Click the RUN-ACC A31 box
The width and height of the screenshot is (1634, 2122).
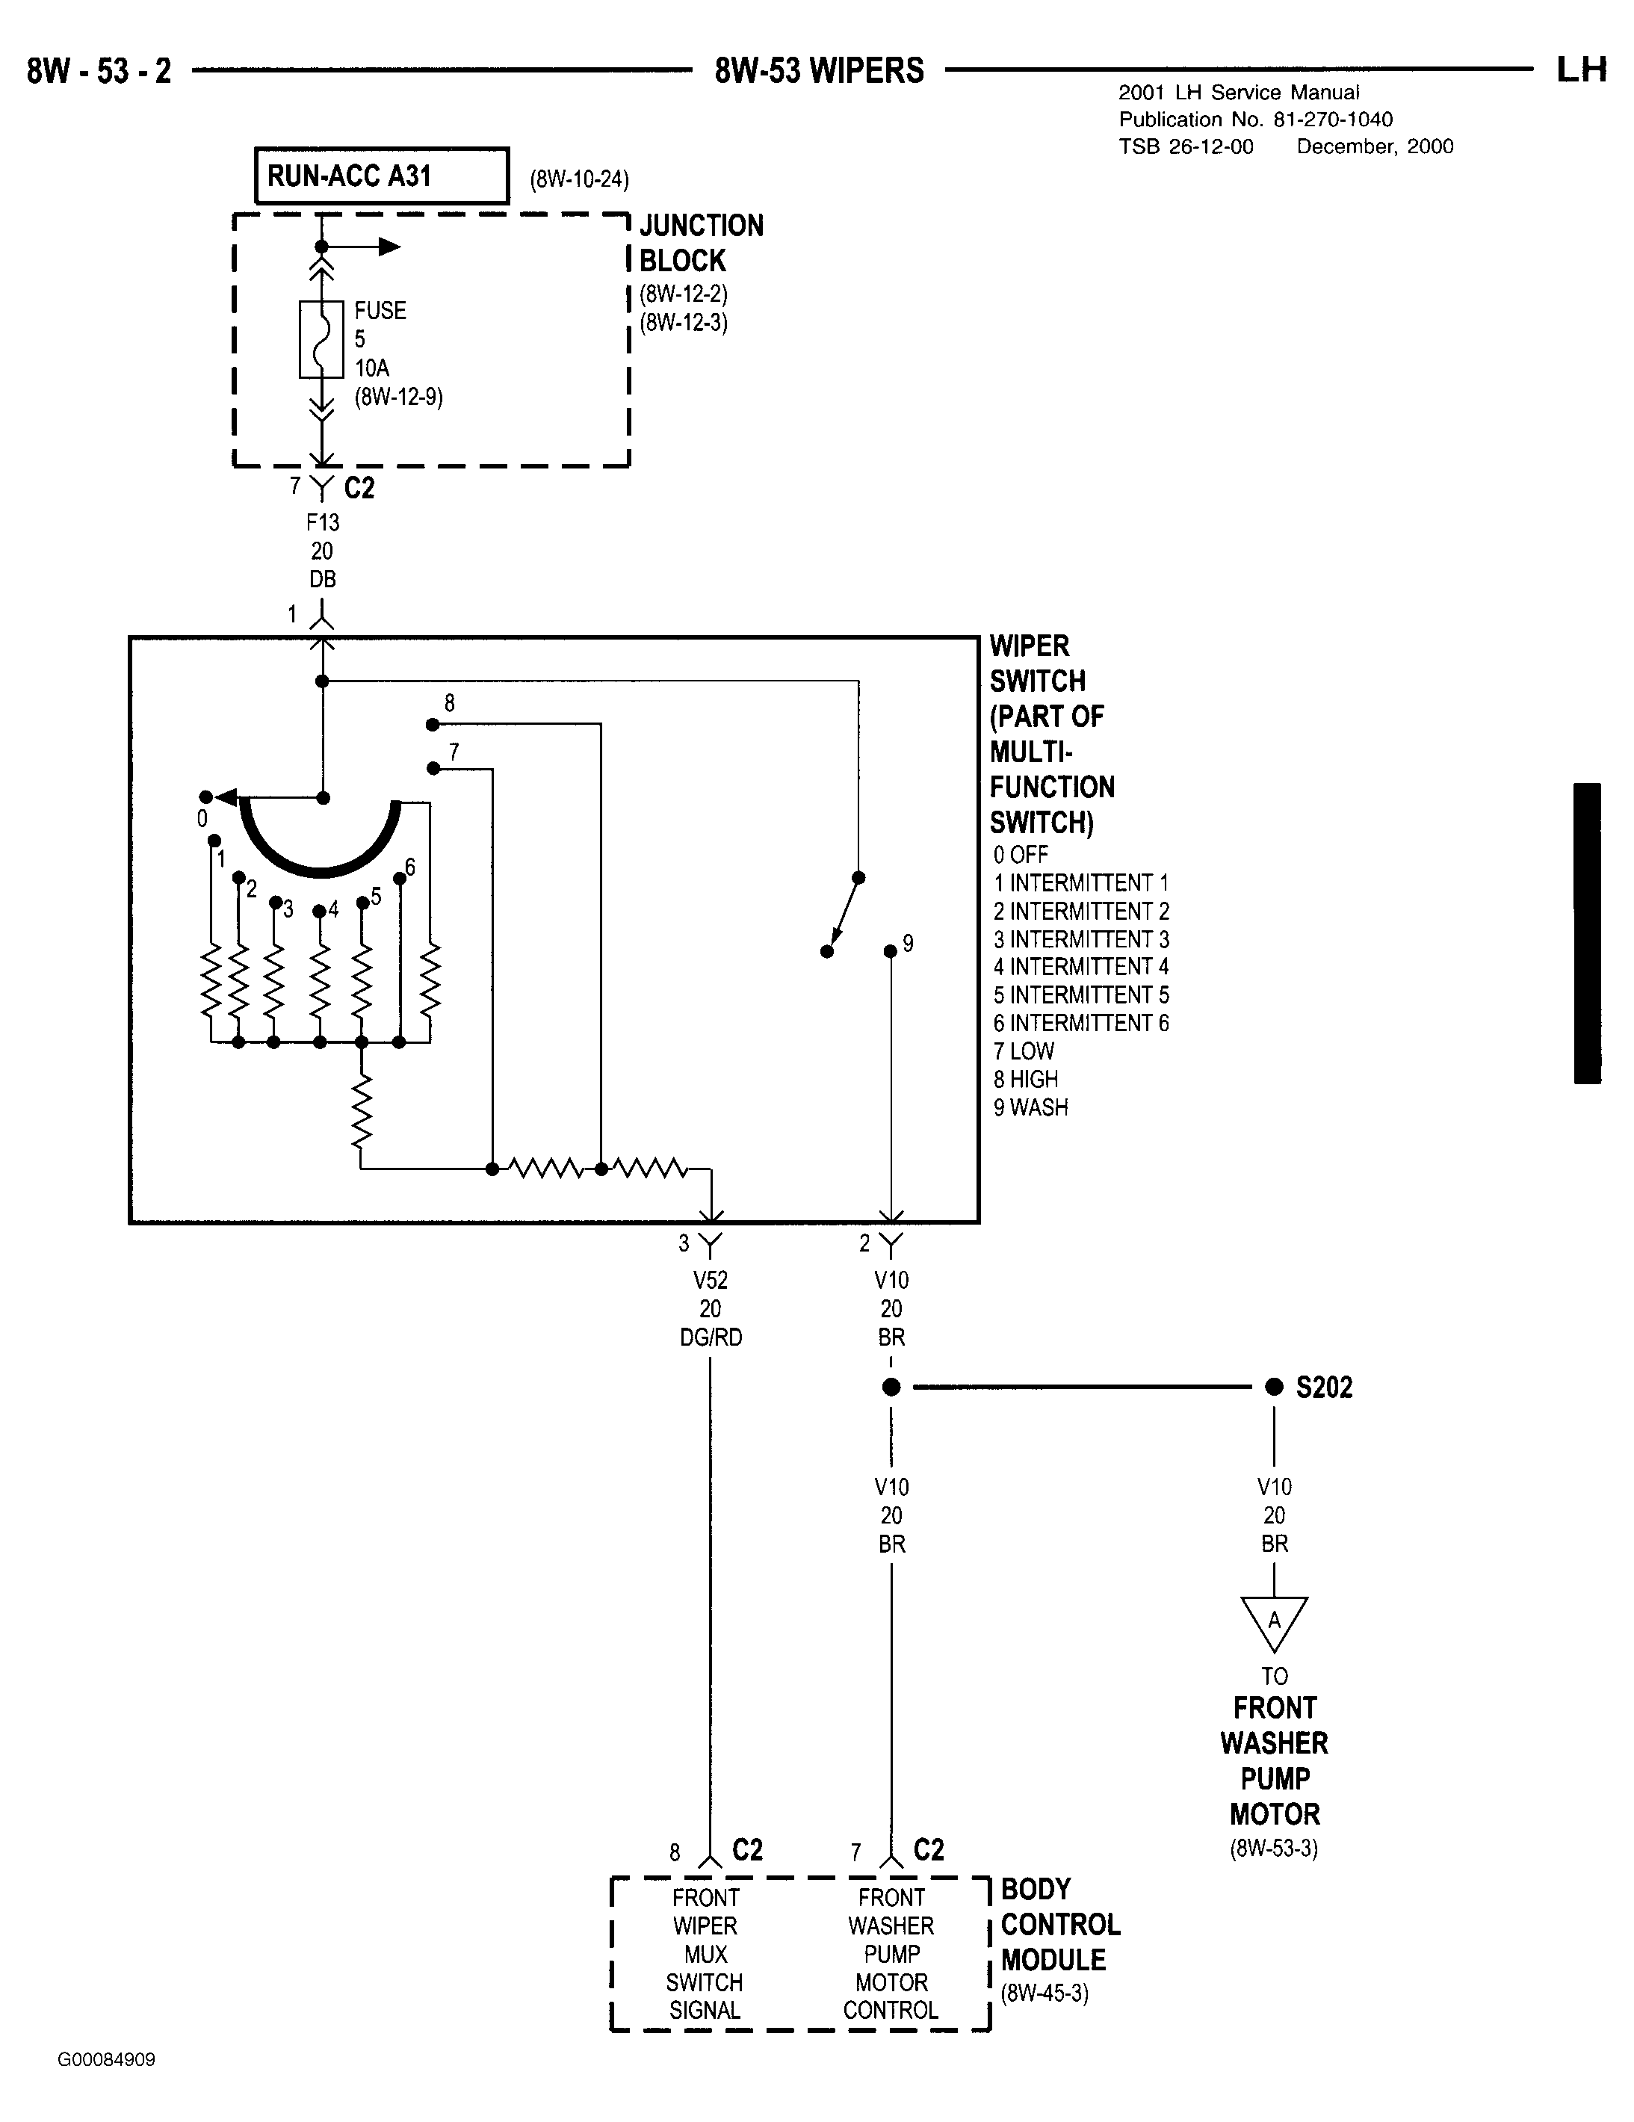pos(381,176)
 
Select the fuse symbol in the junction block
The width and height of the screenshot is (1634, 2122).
pos(321,339)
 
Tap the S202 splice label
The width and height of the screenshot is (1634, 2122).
pos(1323,1388)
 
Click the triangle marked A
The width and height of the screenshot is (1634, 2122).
pos(1274,1624)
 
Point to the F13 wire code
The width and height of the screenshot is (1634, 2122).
pos(323,523)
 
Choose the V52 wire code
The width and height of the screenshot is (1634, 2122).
pos(710,1281)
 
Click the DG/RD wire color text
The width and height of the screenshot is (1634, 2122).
pos(710,1338)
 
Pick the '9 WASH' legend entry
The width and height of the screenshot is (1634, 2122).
pos(1031,1107)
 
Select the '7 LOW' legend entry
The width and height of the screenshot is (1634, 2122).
pos(1024,1051)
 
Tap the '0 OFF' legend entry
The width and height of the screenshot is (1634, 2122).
pos(1021,855)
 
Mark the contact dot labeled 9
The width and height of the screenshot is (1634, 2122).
pos(890,951)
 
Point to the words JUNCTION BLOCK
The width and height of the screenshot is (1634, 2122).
pos(702,243)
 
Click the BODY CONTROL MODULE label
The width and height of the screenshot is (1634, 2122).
pos(1061,1925)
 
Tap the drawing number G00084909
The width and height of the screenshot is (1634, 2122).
pos(106,2060)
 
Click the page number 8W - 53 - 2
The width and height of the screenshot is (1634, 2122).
pos(99,71)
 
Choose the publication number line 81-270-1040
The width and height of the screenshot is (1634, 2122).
pos(1256,120)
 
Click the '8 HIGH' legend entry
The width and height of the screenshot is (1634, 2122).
pos(1026,1080)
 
